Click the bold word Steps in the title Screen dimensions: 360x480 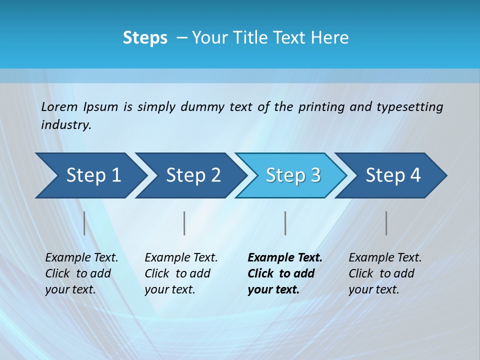pyautogui.click(x=145, y=38)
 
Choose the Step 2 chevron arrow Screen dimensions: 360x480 pyautogui.click(x=192, y=175)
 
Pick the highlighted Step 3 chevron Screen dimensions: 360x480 pyautogui.click(x=292, y=175)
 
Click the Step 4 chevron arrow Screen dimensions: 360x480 pyautogui.click(x=392, y=175)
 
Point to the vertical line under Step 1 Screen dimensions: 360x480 pyautogui.click(x=84, y=223)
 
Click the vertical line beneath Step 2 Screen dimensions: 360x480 pyautogui.click(x=184, y=223)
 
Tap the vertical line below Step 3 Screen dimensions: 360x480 pyautogui.click(x=285, y=223)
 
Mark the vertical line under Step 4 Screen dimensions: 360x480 pyautogui.click(x=386, y=223)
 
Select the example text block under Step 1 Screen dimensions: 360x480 pyautogui.click(x=81, y=273)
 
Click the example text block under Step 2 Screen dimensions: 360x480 pyautogui.click(x=181, y=273)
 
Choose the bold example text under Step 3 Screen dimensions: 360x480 pyautogui.click(x=285, y=273)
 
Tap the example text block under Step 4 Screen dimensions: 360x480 pyautogui.click(x=385, y=273)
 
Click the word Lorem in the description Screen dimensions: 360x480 pyautogui.click(x=59, y=107)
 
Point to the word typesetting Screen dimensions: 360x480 pyautogui.click(x=409, y=107)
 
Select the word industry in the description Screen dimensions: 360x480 pyautogui.click(x=66, y=125)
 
